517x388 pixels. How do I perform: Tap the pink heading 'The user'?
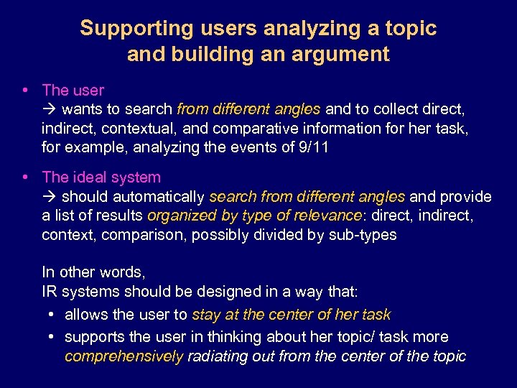point(73,91)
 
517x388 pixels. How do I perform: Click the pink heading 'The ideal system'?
point(101,177)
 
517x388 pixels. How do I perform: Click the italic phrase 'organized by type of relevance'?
point(255,216)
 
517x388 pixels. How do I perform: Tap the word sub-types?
point(365,236)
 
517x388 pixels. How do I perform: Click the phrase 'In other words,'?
point(93,272)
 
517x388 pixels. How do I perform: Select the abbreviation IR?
point(50,292)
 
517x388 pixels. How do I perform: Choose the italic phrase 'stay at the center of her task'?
point(291,315)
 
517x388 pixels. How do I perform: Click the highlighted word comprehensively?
point(124,356)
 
